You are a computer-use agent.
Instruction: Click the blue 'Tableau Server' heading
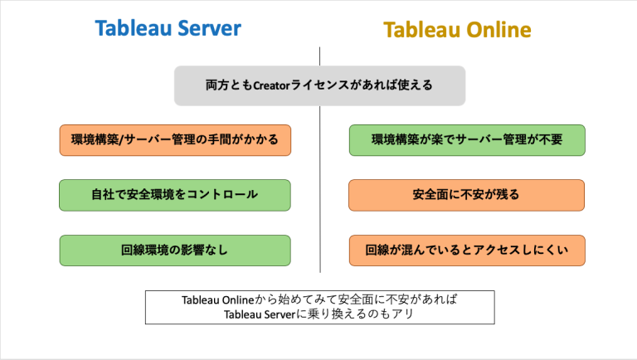168,29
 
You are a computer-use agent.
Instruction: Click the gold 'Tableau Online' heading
457,31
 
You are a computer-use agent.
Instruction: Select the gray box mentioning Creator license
319,85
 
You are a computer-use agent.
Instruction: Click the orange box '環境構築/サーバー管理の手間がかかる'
174,140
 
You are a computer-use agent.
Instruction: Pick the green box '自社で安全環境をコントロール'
174,195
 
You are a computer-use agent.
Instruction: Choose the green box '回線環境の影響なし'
174,250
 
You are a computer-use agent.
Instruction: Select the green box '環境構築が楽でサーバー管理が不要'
467,140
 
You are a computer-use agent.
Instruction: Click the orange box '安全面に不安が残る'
466,195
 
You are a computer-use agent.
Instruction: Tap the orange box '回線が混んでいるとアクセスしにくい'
466,250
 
